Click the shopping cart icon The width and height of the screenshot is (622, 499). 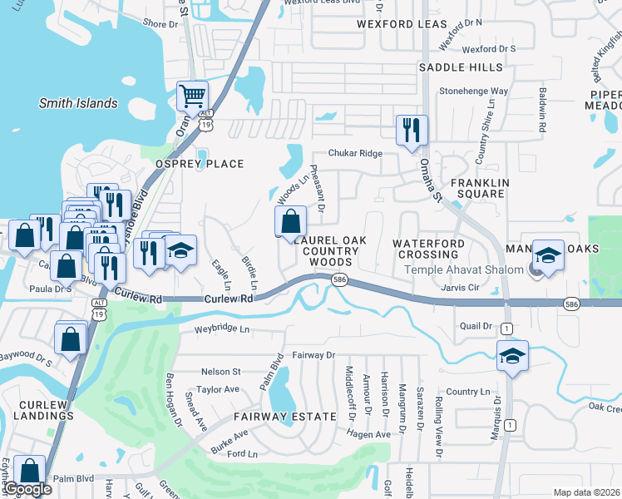(x=192, y=96)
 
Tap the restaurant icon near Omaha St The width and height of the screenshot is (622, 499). (x=412, y=130)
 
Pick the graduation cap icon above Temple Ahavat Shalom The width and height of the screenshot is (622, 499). (x=549, y=254)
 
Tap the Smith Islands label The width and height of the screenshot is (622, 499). (x=78, y=104)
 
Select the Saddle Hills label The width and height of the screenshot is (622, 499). (x=461, y=67)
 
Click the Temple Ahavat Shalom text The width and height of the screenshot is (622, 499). (x=464, y=269)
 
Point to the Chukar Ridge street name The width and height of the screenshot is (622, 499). (x=355, y=154)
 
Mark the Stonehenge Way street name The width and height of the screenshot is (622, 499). (x=473, y=91)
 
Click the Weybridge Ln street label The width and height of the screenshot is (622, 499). (x=222, y=329)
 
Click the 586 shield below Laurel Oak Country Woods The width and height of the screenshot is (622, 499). (x=338, y=280)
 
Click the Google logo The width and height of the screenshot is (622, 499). (x=27, y=489)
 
